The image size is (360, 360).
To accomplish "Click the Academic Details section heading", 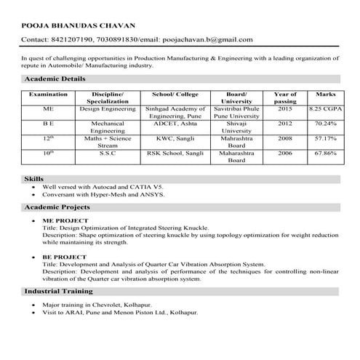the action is (55, 78).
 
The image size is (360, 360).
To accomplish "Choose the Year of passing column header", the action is (284, 98).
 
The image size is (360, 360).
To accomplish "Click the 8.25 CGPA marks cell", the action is (324, 108).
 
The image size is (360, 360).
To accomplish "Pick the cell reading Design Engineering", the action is (108, 108).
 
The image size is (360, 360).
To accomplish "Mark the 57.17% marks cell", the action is (324, 137).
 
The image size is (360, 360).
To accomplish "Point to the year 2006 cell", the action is (284, 153).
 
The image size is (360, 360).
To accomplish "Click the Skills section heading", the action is (34, 178).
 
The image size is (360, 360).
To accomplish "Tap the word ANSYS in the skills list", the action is (153, 195).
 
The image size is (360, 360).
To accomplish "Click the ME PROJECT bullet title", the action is (65, 220).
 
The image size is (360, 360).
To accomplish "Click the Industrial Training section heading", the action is (59, 291).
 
